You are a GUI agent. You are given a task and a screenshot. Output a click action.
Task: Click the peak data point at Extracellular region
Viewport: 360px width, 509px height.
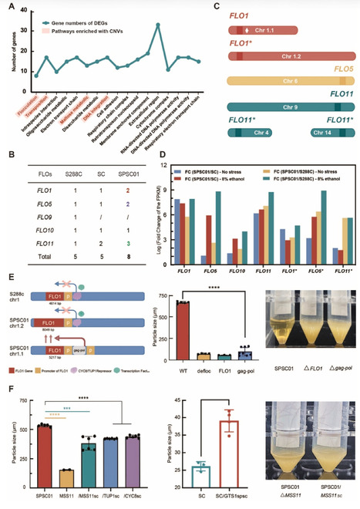pos(157,25)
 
